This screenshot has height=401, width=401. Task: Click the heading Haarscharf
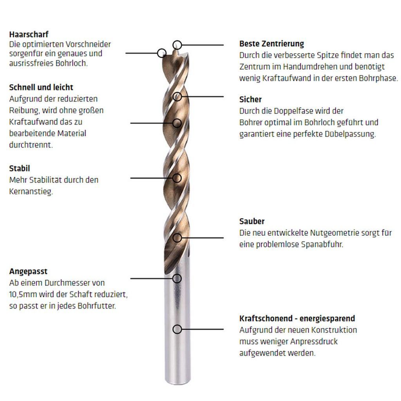coord(29,34)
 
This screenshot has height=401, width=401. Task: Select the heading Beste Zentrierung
coord(272,44)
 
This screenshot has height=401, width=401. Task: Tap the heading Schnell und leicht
coord(41,87)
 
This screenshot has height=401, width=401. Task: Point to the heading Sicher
coord(250,99)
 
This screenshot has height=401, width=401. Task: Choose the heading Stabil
coord(20,168)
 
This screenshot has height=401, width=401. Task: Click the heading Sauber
coord(252,221)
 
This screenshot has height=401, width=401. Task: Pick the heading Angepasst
coord(28,271)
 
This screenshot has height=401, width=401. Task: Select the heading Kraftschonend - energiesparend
coord(297,318)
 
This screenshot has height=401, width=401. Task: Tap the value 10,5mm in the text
coord(23,294)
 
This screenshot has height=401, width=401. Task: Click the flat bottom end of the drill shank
coord(178,383)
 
